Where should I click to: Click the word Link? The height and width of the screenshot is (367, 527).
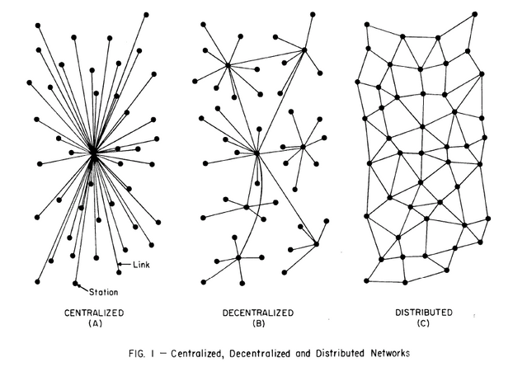point(141,265)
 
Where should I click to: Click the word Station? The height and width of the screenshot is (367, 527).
point(104,292)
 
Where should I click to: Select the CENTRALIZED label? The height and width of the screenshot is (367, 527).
point(94,313)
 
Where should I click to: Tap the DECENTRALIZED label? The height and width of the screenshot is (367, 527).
point(258,313)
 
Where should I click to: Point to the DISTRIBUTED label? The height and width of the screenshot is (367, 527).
point(423,313)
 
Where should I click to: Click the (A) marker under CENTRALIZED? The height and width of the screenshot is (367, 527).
point(95,323)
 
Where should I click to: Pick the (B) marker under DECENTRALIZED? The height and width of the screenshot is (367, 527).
point(259,323)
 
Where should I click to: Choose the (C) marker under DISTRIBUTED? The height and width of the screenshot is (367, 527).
point(423,323)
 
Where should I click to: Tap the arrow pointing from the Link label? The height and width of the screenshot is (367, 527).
point(125,264)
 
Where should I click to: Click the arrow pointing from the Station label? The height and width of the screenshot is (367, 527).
point(83,288)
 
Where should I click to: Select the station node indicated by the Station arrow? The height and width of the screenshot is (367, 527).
point(75,284)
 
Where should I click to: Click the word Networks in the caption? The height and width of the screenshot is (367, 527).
point(390,353)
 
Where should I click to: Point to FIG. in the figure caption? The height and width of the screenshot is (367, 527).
point(137,354)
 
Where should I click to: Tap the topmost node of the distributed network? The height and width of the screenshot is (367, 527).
point(474,14)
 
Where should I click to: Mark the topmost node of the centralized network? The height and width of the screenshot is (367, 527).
point(146,15)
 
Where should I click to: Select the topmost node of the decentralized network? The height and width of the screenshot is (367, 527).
point(313,15)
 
